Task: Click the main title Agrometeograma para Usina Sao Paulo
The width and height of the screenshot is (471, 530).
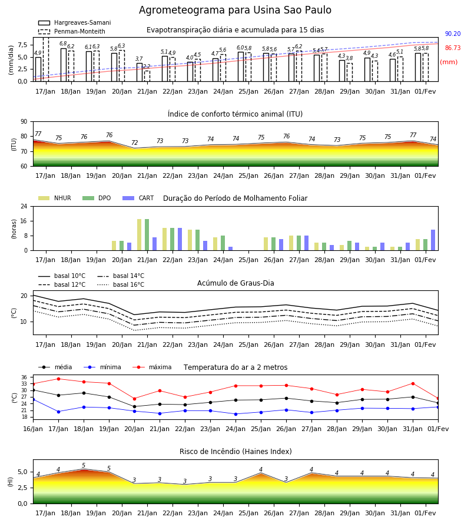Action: pyautogui.click(x=235, y=10)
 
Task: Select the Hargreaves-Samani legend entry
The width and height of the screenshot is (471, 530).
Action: pyautogui.click(x=75, y=22)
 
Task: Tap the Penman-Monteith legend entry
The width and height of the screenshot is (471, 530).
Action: pyautogui.click(x=72, y=31)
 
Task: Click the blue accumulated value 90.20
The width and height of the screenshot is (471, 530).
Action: pyautogui.click(x=453, y=34)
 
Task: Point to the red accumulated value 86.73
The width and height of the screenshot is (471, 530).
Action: pyautogui.click(x=453, y=48)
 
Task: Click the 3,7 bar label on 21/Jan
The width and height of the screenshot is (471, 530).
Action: pyautogui.click(x=139, y=59)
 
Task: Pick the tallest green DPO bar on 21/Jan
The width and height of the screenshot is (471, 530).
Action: pyautogui.click(x=147, y=235)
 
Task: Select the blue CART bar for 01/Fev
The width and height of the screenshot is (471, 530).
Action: pyautogui.click(x=433, y=240)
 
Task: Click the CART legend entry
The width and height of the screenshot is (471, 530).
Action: pyautogui.click(x=138, y=198)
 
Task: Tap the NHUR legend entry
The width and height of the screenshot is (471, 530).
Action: pyautogui.click(x=55, y=198)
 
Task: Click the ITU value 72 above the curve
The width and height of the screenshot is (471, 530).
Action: pyautogui.click(x=134, y=143)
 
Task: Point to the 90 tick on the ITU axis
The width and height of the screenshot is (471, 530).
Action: pyautogui.click(x=24, y=122)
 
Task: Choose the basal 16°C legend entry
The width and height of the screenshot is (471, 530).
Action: pyautogui.click(x=121, y=284)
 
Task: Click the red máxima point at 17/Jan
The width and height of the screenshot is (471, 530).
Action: pyautogui.click(x=58, y=379)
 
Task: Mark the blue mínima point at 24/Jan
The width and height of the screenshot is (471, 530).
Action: pyautogui.click(x=235, y=414)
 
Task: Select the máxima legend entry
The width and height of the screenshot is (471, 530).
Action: pyautogui.click(x=152, y=367)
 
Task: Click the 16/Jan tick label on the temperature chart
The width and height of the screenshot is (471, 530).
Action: pyautogui.click(x=33, y=429)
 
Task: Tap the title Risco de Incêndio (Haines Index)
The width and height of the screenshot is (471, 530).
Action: pyautogui.click(x=235, y=452)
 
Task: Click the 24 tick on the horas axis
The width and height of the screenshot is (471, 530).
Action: pyautogui.click(x=24, y=206)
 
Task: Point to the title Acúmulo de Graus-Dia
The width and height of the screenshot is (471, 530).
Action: pyautogui.click(x=235, y=283)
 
